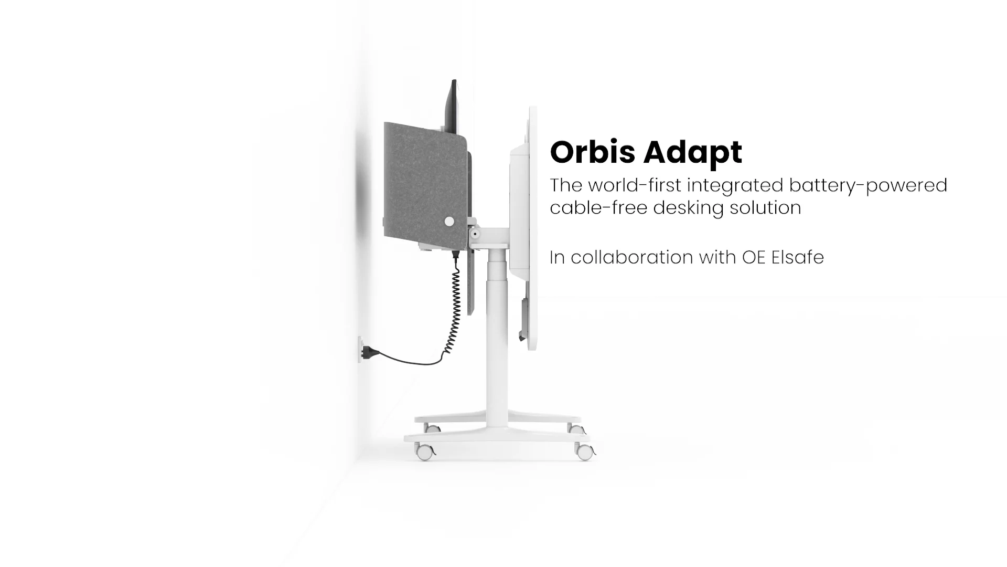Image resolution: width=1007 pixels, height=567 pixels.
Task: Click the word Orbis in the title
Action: click(593, 152)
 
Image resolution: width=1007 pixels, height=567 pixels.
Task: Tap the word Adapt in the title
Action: click(693, 153)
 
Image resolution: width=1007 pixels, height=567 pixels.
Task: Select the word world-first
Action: click(635, 185)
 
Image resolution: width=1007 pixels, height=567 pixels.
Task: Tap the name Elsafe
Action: click(798, 257)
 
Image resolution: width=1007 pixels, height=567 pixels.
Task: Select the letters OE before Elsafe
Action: click(754, 257)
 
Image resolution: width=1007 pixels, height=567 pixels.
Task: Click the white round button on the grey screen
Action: click(449, 222)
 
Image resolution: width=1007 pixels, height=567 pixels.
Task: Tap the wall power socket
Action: click(360, 349)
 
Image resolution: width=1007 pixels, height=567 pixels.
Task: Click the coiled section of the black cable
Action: click(454, 304)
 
